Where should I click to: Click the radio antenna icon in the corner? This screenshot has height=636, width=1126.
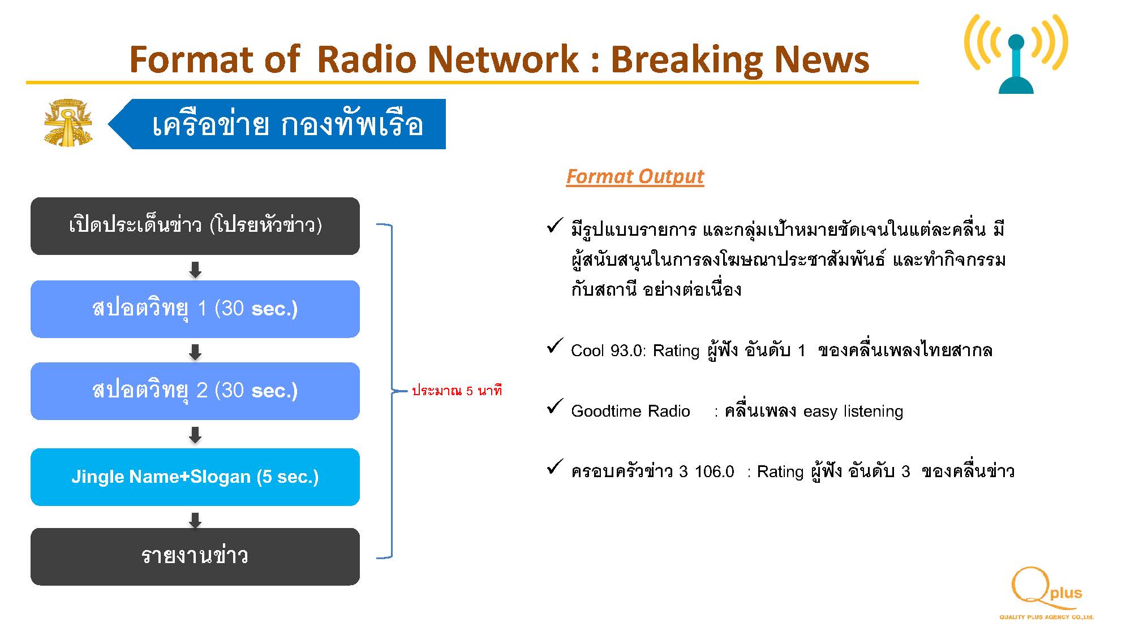click(1016, 54)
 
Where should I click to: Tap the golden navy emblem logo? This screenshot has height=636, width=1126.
click(68, 123)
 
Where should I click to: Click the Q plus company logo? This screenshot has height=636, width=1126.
click(1046, 594)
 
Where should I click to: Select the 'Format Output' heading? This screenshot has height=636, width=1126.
click(635, 176)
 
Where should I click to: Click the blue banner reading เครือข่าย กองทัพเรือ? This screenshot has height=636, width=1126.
click(277, 124)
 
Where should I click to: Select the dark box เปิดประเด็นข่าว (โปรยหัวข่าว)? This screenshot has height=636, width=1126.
click(195, 226)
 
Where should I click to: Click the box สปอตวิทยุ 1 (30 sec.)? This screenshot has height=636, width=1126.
click(195, 309)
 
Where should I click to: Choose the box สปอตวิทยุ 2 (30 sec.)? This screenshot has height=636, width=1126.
click(195, 391)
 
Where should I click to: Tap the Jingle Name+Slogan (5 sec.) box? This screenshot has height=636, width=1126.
click(195, 477)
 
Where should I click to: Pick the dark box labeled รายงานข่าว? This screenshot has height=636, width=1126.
click(195, 557)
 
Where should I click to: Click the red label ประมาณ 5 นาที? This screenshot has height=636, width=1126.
click(457, 391)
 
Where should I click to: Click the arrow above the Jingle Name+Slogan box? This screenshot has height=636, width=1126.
click(195, 435)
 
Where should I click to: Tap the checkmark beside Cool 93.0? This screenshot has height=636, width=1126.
click(555, 345)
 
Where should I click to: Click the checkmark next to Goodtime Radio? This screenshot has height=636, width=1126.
click(555, 406)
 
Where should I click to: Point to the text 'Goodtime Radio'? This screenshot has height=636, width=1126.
click(630, 411)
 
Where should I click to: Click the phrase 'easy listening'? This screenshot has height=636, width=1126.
click(853, 412)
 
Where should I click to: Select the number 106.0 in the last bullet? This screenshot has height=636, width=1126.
click(714, 471)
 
